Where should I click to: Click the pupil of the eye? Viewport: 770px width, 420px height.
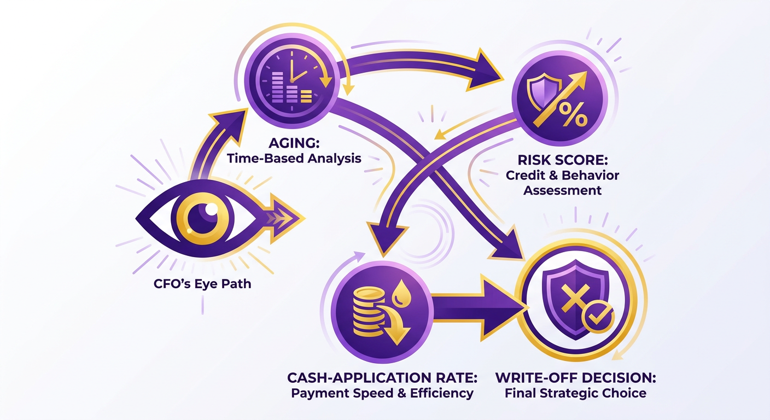(203, 218)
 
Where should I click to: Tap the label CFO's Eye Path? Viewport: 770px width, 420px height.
(202, 284)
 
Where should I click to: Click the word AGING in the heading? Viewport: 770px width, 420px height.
(294, 143)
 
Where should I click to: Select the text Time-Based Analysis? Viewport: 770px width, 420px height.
(294, 159)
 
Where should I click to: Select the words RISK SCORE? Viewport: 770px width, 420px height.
(563, 160)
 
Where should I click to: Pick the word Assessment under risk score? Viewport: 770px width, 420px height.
(562, 190)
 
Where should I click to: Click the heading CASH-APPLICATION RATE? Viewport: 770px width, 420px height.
(382, 378)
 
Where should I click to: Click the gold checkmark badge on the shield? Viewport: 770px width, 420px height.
(598, 316)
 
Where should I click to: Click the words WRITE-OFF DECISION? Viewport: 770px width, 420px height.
(576, 378)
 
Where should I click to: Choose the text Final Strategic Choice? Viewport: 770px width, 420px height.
(575, 393)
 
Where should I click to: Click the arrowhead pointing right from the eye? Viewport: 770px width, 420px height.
(285, 219)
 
